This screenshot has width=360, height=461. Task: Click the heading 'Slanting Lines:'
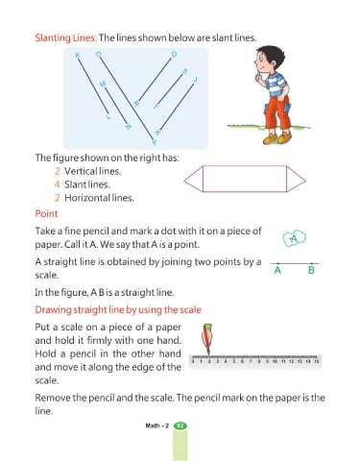65,37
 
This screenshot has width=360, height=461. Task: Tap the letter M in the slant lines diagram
103,85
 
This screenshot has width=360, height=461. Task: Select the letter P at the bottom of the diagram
155,142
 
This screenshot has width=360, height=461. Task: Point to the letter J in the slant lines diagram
195,80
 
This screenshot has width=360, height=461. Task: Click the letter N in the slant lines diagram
128,127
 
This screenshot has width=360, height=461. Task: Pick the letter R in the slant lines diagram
136,103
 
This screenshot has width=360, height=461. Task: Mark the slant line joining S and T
170,89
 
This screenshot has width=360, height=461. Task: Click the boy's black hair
272,55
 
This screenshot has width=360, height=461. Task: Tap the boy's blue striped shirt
276,85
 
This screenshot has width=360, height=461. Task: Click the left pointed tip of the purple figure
184,181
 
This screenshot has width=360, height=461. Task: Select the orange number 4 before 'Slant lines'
58,184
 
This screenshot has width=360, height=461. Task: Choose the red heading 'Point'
46,214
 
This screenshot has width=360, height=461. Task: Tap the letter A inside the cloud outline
295,238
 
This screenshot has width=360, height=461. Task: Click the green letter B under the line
311,271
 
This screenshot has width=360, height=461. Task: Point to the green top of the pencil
207,327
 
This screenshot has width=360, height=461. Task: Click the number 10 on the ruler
275,361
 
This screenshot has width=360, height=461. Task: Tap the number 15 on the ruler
316,361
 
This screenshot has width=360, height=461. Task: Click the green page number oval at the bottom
180,425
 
